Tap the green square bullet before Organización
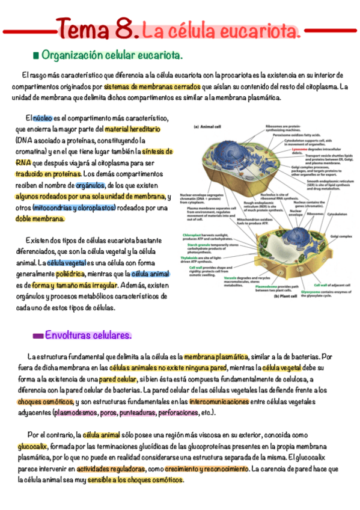pyautogui.click(x=35, y=56)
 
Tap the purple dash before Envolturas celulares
pyautogui.click(x=37, y=335)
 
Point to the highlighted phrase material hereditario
pyautogui.click(x=133, y=129)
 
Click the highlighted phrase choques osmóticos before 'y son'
pyautogui.click(x=40, y=402)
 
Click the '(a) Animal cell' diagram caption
pyautogui.click(x=207, y=127)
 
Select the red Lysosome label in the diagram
pyautogui.click(x=300, y=149)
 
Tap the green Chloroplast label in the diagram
pyautogui.click(x=198, y=235)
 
